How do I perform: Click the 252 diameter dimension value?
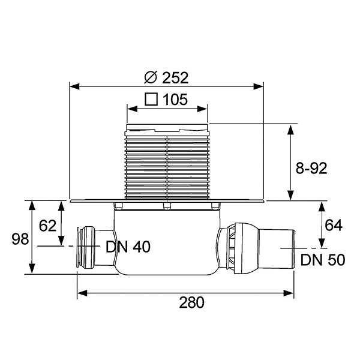(x=175, y=78)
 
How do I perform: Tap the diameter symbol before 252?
(x=151, y=77)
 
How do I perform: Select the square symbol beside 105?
(x=151, y=99)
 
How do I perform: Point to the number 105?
(x=175, y=100)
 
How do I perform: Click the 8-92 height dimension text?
(x=311, y=168)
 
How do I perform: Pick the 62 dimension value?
(x=47, y=226)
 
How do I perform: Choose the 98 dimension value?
(x=20, y=239)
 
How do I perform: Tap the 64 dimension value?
(x=334, y=225)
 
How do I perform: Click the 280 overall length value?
(x=191, y=302)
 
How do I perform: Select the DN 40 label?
(x=128, y=247)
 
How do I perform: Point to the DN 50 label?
(x=323, y=260)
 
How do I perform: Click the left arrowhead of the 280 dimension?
(x=82, y=293)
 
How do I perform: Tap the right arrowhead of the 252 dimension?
(x=258, y=86)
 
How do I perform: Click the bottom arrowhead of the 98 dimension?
(x=32, y=268)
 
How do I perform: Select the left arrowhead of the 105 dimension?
(x=133, y=109)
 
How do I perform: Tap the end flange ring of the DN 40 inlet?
(x=79, y=247)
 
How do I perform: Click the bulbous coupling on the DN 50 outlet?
(x=245, y=248)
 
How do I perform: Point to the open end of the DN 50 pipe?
(x=293, y=248)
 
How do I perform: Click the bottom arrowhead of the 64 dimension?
(x=322, y=242)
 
